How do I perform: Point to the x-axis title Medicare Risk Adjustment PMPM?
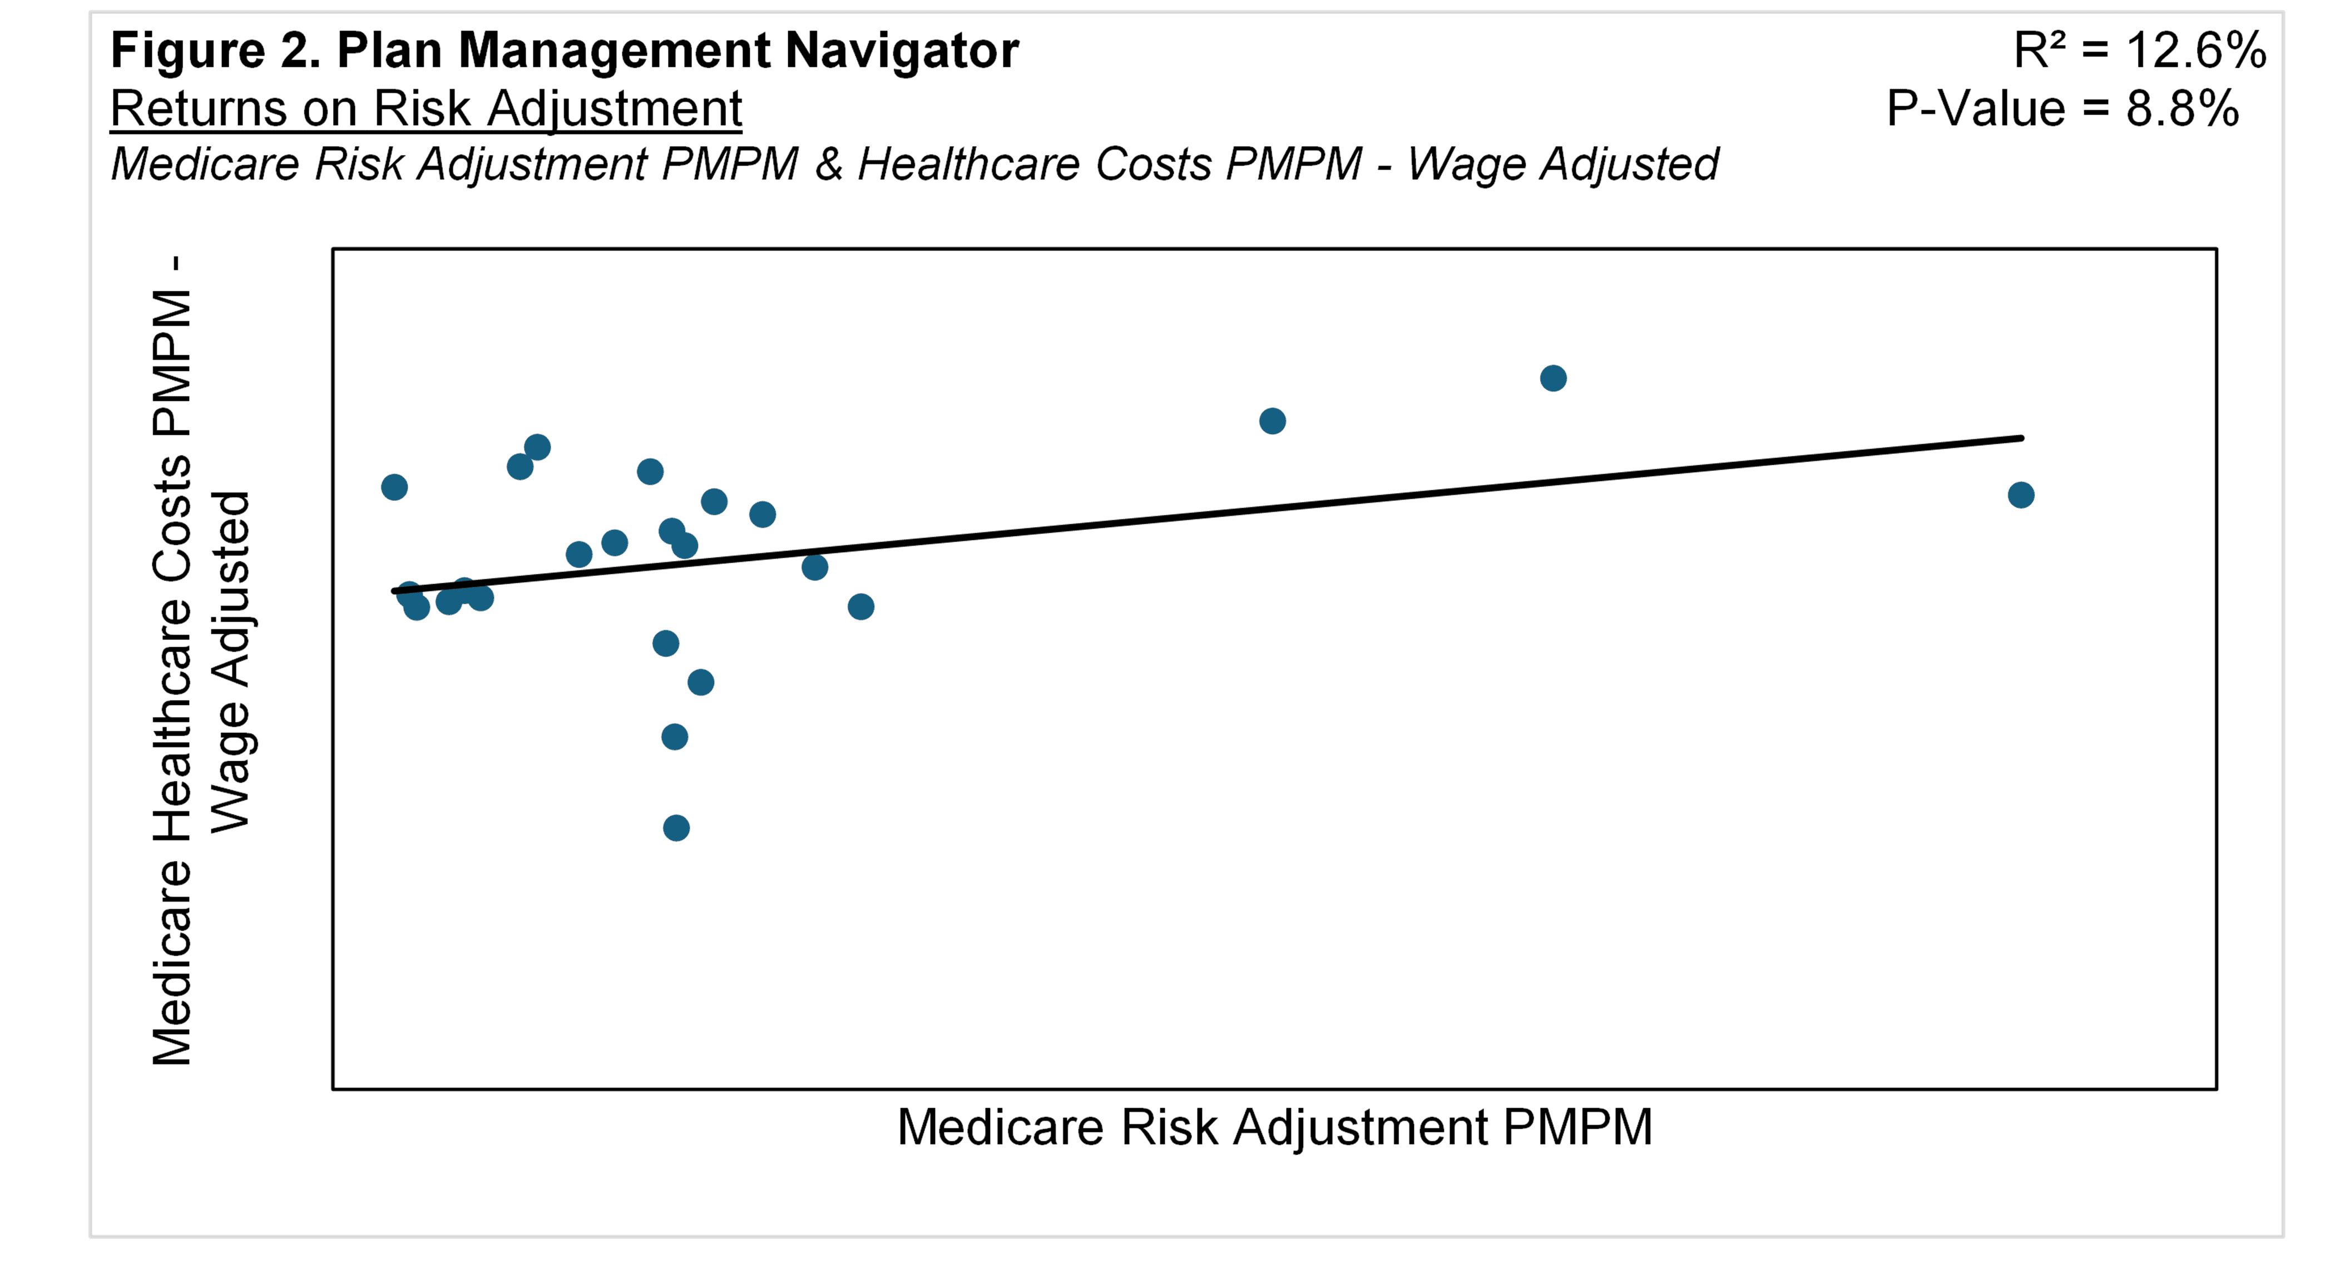tap(1274, 1128)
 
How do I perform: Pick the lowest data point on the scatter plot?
tap(676, 827)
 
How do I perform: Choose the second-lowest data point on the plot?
tap(674, 737)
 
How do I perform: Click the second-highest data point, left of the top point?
tap(1272, 420)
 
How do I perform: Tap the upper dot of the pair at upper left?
tap(537, 446)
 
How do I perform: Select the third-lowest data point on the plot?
tap(700, 682)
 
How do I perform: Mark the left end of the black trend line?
tap(395, 592)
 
